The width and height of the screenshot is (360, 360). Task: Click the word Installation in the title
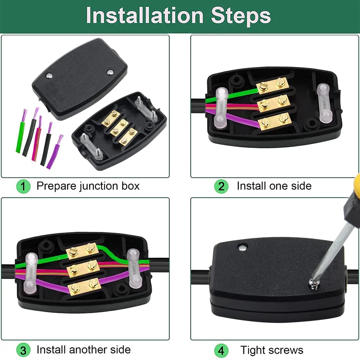(145, 15)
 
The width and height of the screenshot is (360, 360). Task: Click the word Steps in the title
(241, 15)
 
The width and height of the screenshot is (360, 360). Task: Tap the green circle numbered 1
(23, 186)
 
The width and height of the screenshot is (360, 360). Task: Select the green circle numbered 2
(221, 186)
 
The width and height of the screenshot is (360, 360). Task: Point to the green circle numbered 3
(23, 350)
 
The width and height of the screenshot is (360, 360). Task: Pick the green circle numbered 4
(221, 350)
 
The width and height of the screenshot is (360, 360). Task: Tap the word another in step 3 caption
(88, 350)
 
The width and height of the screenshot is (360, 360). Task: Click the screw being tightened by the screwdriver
(313, 284)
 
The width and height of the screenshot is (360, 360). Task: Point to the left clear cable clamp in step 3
(30, 273)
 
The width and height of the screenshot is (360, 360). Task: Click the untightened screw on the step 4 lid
(242, 248)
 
